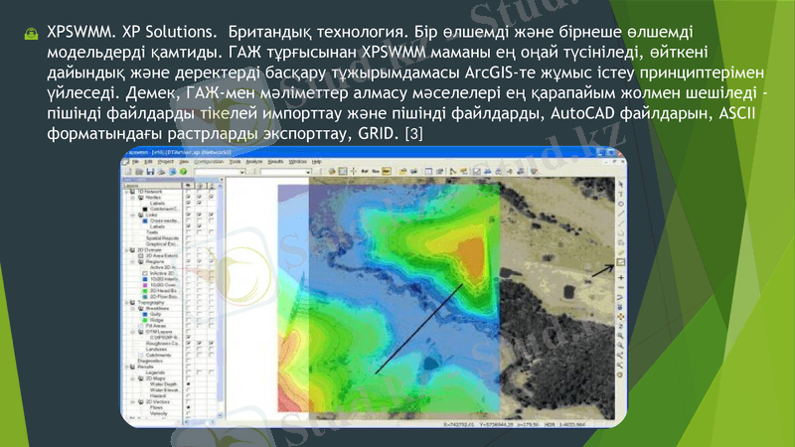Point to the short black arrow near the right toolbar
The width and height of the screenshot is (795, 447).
pos(600,267)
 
